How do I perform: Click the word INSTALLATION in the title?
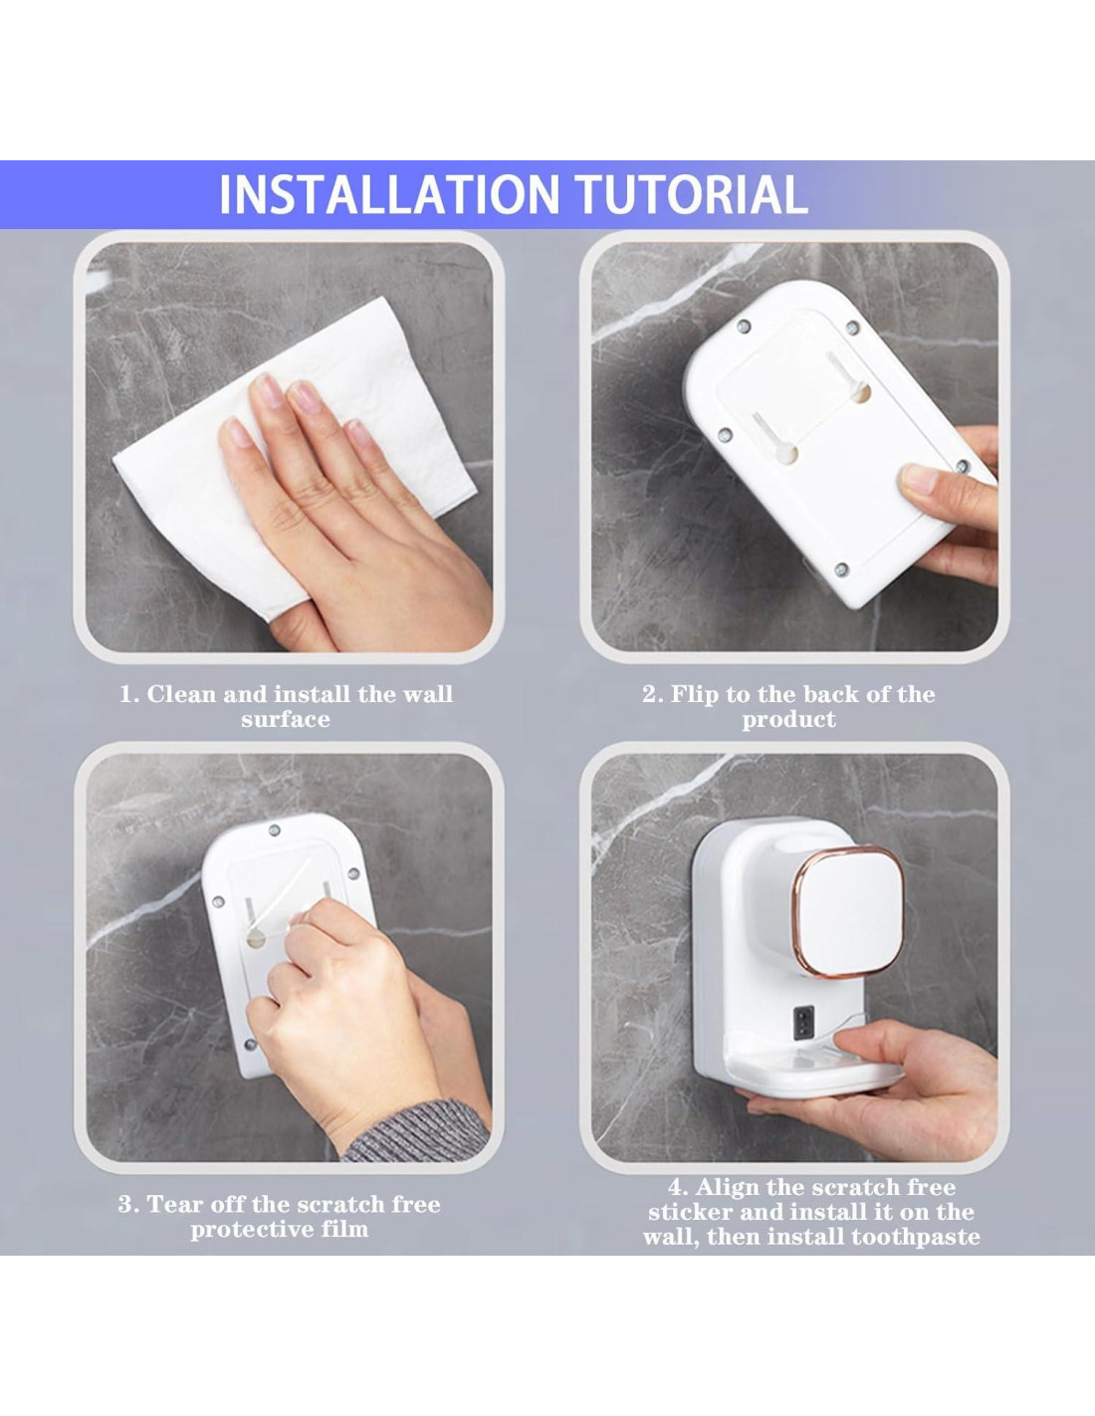[x=389, y=194]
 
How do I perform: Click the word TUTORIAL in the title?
[x=692, y=194]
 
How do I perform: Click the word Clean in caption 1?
[x=182, y=694]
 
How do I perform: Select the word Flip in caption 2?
[x=695, y=695]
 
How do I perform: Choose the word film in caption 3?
[x=343, y=1230]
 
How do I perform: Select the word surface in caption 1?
[x=286, y=719]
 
